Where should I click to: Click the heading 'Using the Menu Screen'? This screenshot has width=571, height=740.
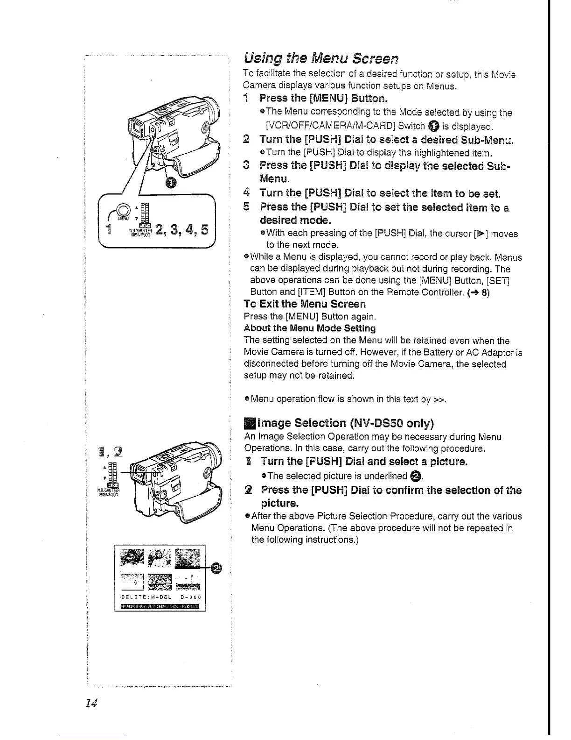(x=321, y=59)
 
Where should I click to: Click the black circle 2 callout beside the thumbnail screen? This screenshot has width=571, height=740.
(x=216, y=568)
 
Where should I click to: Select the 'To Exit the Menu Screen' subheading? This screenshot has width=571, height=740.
(x=305, y=304)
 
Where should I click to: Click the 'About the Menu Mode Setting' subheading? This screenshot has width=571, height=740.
(x=309, y=328)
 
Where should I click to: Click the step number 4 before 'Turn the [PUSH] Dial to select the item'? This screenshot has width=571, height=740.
(x=247, y=193)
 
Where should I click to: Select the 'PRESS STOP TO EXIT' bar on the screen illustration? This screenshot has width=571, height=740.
(x=160, y=606)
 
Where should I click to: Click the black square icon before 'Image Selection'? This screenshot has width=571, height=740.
(x=248, y=423)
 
